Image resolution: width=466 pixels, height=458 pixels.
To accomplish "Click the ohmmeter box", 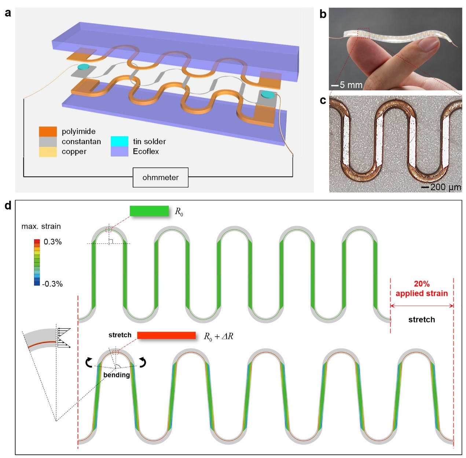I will pyautogui.click(x=160, y=177).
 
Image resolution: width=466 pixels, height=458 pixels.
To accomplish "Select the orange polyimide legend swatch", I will pyautogui.click(x=48, y=131).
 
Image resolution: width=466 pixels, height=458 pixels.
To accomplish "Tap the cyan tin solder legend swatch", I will pyautogui.click(x=120, y=141).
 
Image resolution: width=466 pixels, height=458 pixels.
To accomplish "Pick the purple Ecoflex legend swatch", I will pyautogui.click(x=120, y=151).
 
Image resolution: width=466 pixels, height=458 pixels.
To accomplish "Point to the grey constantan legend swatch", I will pyautogui.click(x=48, y=141).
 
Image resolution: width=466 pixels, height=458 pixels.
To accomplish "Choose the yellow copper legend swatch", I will pyautogui.click(x=48, y=152).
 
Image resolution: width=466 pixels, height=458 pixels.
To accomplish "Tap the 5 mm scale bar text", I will pyautogui.click(x=351, y=85).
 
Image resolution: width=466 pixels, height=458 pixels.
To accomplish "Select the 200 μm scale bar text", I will pyautogui.click(x=445, y=187).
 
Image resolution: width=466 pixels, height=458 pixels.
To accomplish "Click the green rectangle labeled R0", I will pyautogui.click(x=149, y=211).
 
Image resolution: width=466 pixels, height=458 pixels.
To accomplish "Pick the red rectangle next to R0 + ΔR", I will pyautogui.click(x=166, y=335).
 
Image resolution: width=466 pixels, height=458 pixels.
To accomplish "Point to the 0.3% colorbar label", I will pyautogui.click(x=52, y=242).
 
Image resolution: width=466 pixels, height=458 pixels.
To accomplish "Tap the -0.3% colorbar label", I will pyautogui.click(x=52, y=284).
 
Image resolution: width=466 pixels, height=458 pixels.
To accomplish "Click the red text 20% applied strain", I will pyautogui.click(x=422, y=289).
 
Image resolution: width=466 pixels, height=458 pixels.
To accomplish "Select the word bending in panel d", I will pyautogui.click(x=117, y=375).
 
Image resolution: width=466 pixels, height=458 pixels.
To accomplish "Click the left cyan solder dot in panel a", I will pyautogui.click(x=83, y=67).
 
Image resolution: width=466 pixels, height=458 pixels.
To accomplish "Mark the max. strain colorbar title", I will pyautogui.click(x=41, y=226).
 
